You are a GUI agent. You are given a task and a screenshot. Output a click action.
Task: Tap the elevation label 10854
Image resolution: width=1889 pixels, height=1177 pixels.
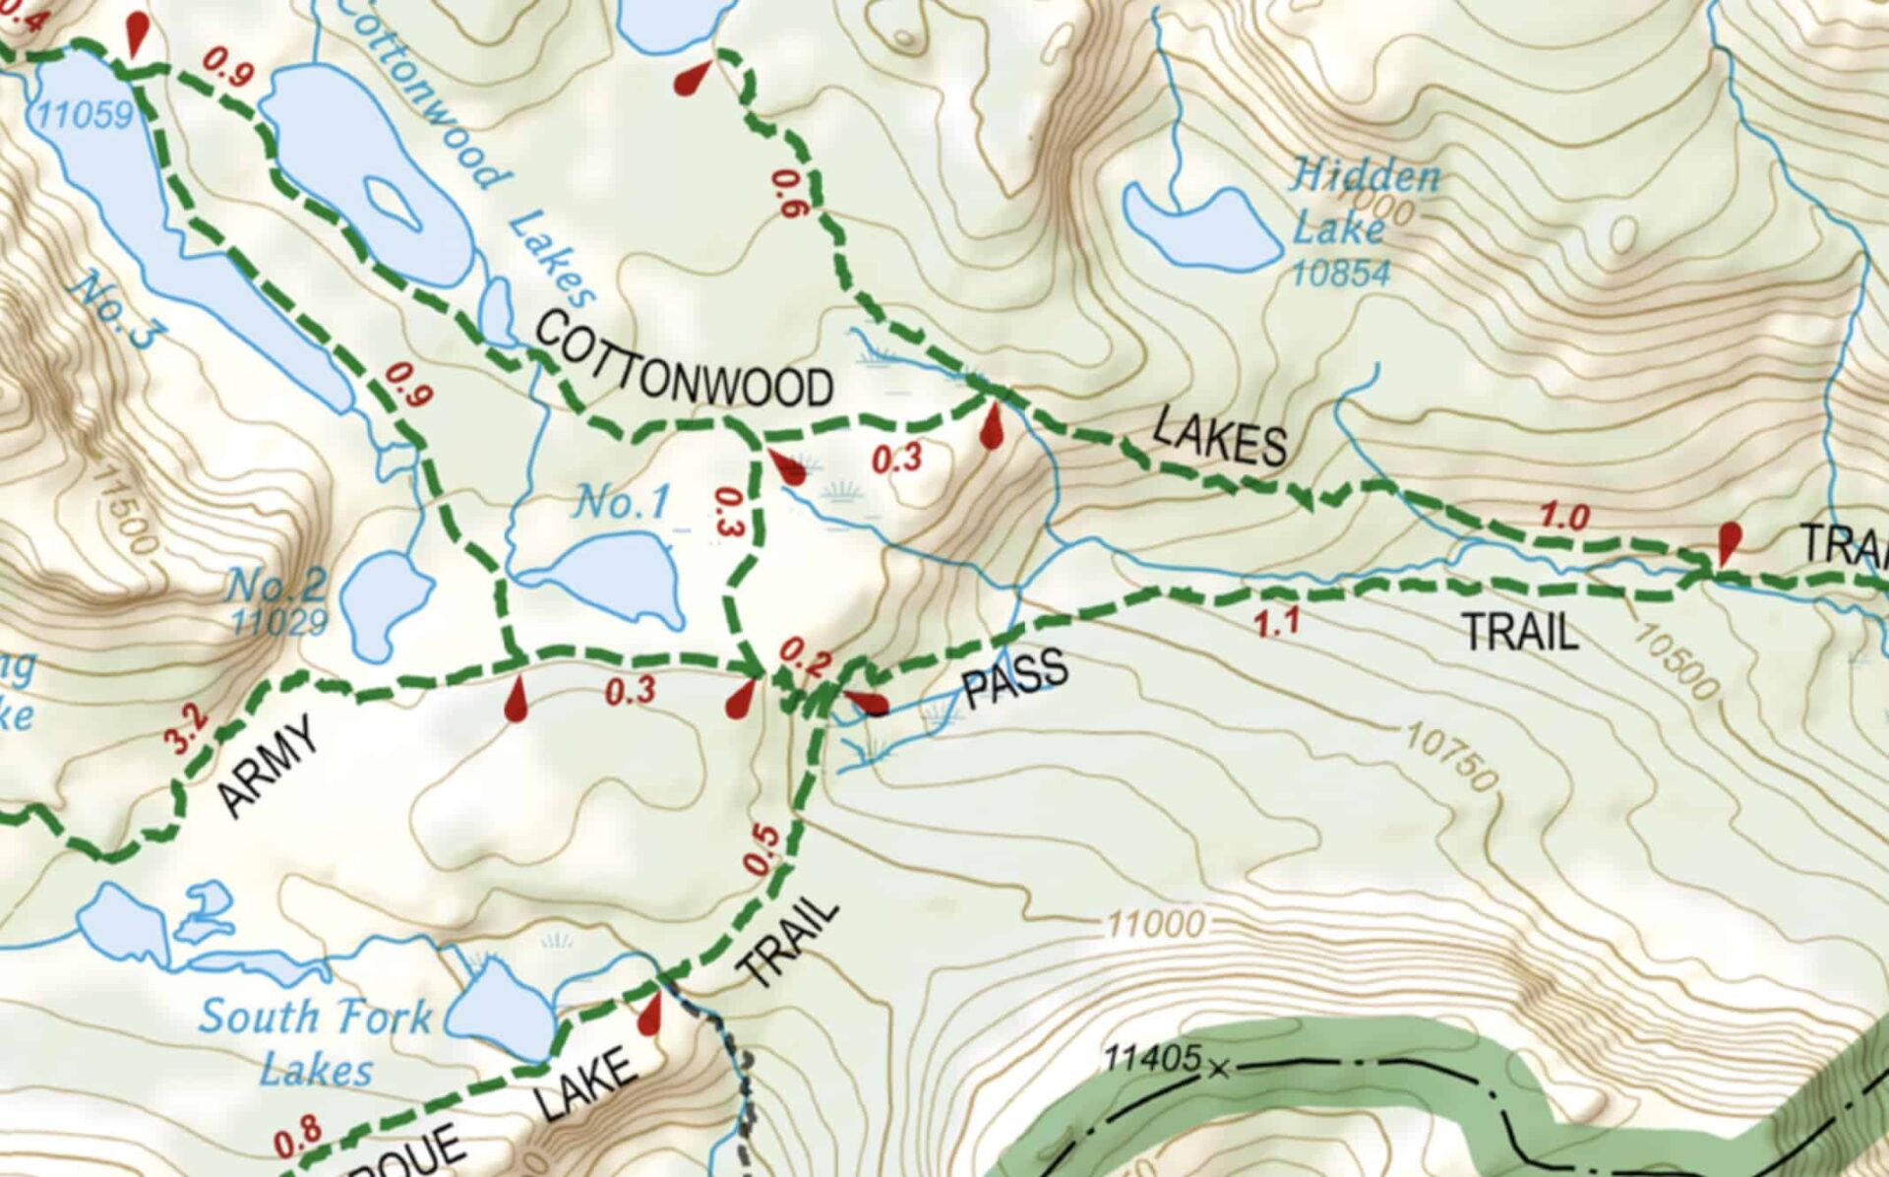tap(1340, 273)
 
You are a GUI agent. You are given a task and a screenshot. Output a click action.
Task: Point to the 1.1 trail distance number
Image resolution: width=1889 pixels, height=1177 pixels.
tap(1277, 622)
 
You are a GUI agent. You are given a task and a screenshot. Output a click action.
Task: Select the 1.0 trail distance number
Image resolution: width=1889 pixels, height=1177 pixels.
tap(1564, 516)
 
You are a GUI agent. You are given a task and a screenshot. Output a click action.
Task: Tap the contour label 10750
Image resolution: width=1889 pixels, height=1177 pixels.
tap(1450, 757)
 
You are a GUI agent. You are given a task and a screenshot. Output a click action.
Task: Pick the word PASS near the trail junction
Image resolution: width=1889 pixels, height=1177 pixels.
tap(1014, 678)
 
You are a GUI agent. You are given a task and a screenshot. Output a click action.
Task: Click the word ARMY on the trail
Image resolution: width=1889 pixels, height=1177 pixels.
tap(268, 766)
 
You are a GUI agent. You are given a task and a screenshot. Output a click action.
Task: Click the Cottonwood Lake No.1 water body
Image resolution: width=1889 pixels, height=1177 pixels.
tap(616, 576)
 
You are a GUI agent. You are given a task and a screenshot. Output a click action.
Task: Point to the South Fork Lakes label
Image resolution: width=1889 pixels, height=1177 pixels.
tap(315, 1041)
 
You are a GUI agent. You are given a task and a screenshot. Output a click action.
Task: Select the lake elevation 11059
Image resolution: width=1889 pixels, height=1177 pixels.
tap(84, 115)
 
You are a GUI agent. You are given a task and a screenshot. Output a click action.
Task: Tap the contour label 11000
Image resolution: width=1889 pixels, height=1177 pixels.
tap(1155, 924)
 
